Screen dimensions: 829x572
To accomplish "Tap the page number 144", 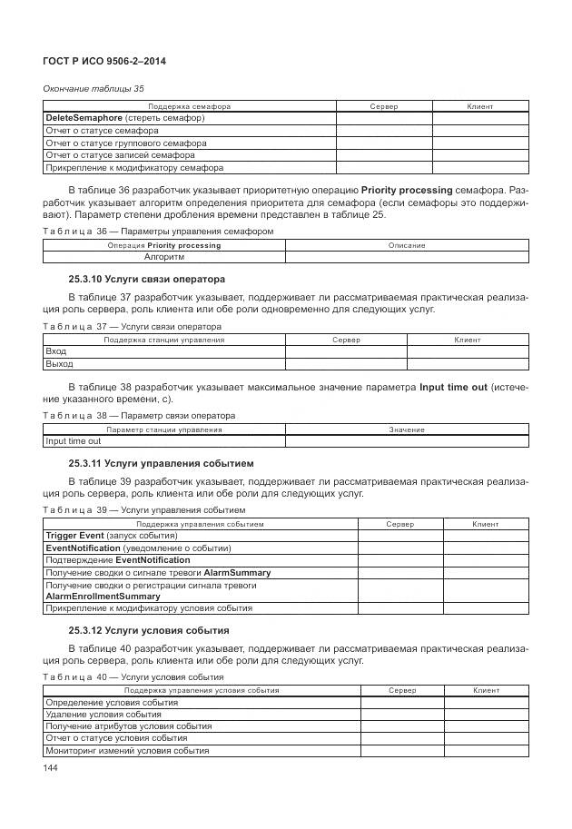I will (52, 768).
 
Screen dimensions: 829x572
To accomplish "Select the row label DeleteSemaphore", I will (84, 118).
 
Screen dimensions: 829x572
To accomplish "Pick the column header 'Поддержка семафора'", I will (189, 106).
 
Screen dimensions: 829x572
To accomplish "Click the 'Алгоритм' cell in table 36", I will (164, 257).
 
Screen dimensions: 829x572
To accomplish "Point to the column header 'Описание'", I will (407, 245).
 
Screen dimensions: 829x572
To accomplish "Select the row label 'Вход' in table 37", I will (55, 351).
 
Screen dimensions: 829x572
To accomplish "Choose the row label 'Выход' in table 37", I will (59, 363).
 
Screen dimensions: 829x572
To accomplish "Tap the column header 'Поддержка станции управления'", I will (164, 340).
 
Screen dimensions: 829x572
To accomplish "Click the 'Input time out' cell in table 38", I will (74, 441).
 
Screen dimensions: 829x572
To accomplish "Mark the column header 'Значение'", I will (407, 429).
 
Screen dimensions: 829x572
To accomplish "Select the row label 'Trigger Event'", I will (75, 536).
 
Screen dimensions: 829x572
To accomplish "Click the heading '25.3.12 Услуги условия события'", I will (149, 629).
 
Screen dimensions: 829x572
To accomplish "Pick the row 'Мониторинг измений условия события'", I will (127, 750).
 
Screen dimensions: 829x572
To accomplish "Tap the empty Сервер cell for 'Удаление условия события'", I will (402, 714).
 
